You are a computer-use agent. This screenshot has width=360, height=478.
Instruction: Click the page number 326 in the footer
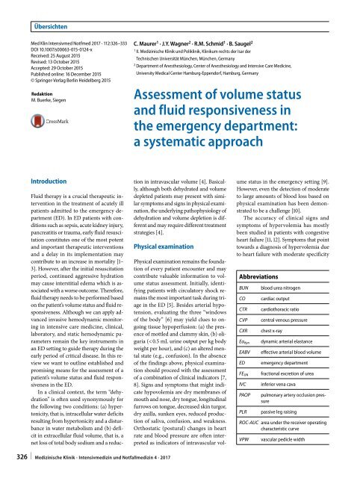click(x=13, y=468)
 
